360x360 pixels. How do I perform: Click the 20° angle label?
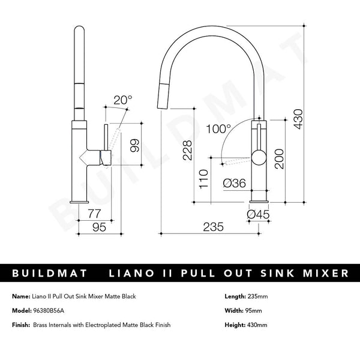(123, 100)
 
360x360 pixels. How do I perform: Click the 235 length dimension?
(213, 227)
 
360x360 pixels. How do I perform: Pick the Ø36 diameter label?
(233, 184)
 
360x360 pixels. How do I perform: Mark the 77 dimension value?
(94, 213)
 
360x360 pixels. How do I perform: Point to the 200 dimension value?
(278, 159)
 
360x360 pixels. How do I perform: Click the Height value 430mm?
(256, 325)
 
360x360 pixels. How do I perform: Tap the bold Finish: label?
(20, 325)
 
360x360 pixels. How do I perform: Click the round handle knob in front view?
(259, 158)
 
